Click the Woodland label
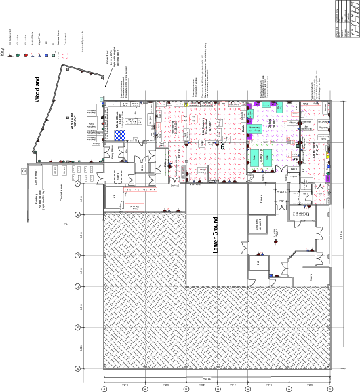pos(38,89)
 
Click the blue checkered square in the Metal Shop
pos(119,134)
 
